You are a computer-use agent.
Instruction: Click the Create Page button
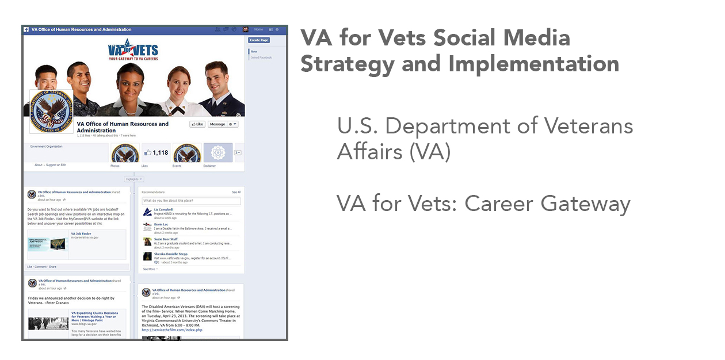pos(258,40)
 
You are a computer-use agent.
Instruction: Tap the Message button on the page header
pos(217,124)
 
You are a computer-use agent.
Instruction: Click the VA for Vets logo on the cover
pos(133,50)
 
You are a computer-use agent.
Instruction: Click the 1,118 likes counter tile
pos(157,153)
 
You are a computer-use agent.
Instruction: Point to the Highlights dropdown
pos(133,179)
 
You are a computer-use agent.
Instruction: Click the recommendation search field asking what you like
pos(191,201)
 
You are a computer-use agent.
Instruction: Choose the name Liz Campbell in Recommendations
pos(163,210)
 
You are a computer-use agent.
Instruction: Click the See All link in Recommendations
pos(236,192)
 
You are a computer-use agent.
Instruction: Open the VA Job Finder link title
pos(81,234)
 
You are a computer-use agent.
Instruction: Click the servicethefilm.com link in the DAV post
pos(172,330)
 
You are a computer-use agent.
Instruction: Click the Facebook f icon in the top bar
pos(26,29)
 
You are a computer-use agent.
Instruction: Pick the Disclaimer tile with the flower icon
pos(217,153)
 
